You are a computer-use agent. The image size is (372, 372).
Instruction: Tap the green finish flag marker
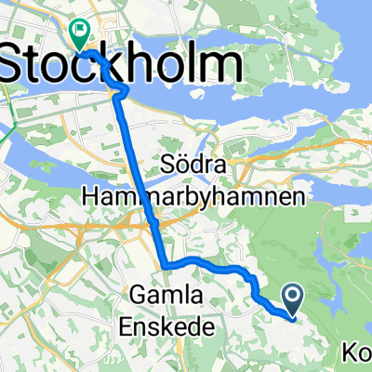79,34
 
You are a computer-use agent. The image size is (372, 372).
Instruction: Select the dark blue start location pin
292,299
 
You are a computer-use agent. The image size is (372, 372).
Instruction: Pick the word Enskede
166,325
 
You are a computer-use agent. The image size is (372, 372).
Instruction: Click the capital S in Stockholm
17,68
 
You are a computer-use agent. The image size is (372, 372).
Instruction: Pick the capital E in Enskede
127,325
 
